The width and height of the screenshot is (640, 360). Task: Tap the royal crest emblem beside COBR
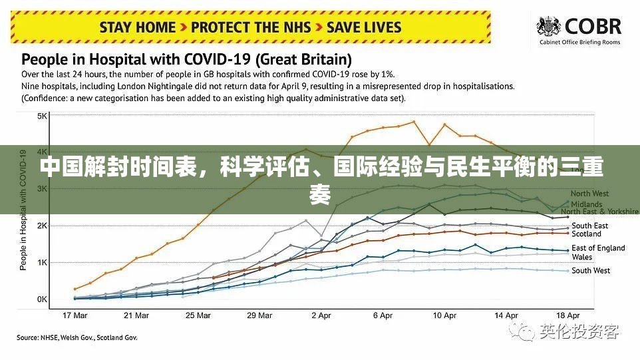pos(550,29)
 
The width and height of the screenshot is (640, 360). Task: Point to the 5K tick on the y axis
pos(42,116)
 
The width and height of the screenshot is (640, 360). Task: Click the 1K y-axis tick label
pos(42,263)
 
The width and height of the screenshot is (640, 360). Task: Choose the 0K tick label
pos(42,299)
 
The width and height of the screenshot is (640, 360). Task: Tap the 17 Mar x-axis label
pos(75,315)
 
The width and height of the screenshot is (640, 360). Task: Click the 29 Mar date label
pos(259,315)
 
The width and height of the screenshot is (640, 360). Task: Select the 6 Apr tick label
pos(383,315)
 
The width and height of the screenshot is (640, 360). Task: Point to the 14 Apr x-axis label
pos(506,315)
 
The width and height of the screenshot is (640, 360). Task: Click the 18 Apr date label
pos(567,315)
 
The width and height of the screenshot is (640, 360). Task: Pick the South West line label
pos(591,270)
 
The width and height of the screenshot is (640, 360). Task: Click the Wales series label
pos(581,257)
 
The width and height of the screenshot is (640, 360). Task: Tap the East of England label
pos(598,248)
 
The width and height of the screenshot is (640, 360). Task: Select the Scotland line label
pos(586,234)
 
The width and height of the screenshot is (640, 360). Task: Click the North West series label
pos(590,194)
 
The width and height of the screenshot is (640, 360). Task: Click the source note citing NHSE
pos(77,338)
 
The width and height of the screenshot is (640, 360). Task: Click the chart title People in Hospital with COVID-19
pos(187,59)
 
